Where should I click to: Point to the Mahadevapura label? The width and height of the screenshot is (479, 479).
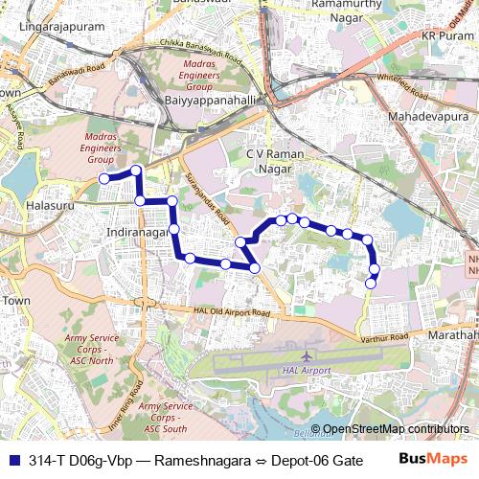click(425, 116)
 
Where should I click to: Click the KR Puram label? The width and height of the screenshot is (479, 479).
click(443, 35)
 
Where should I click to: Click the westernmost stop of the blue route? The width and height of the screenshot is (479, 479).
click(103, 178)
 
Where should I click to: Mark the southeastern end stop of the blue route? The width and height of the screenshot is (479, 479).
click(372, 283)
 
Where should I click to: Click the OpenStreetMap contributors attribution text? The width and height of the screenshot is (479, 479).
click(396, 429)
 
